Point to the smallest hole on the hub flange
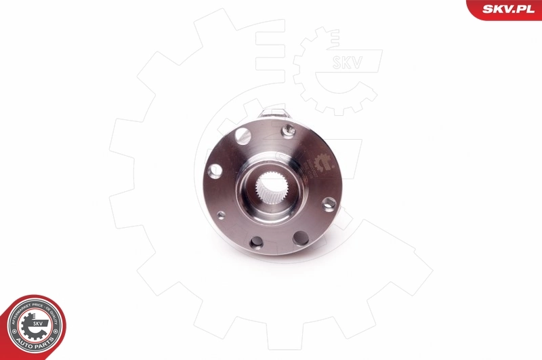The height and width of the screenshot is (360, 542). (x=221, y=215)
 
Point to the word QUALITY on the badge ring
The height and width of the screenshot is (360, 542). (x=54, y=316)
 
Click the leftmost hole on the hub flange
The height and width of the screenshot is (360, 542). (x=215, y=171)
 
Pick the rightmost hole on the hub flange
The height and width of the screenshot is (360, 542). (x=329, y=203)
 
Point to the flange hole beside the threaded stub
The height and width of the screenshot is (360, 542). (x=287, y=129)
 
